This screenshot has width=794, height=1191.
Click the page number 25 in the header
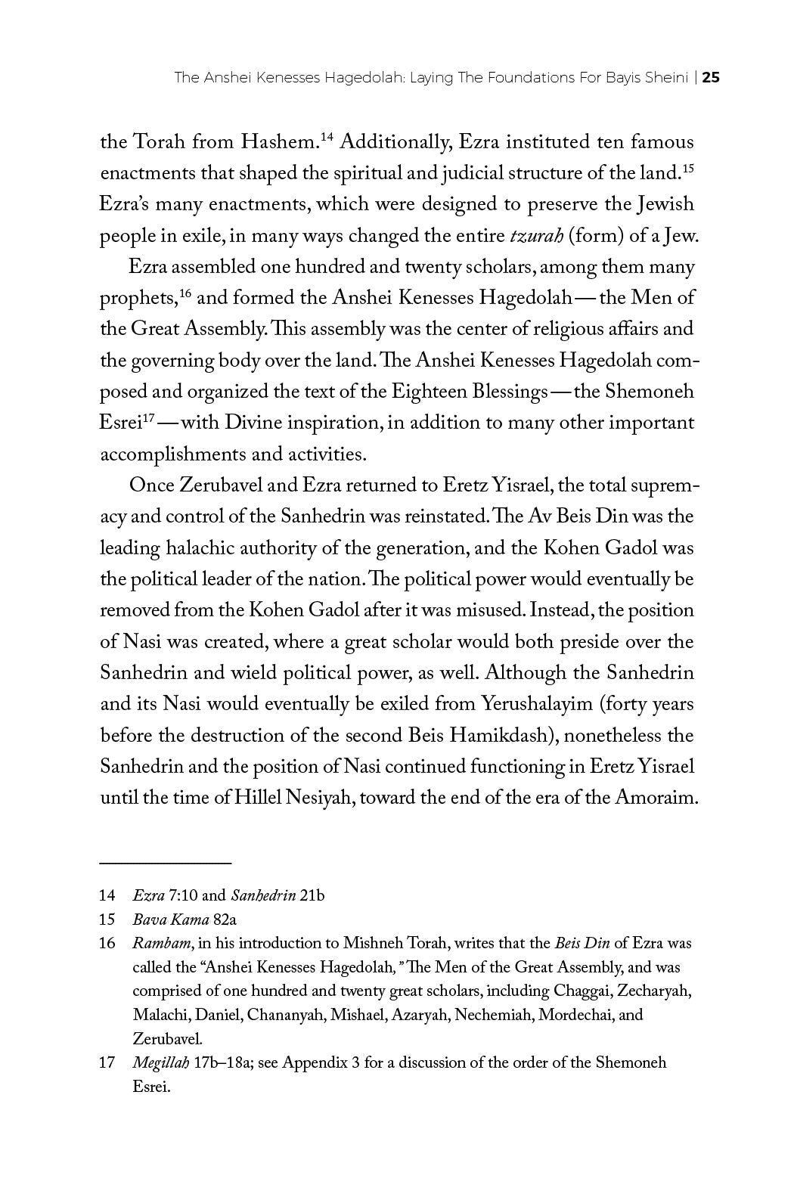pyautogui.click(x=711, y=77)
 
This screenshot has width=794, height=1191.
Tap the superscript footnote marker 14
pyautogui.click(x=327, y=137)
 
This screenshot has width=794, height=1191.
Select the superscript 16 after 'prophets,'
pyautogui.click(x=185, y=293)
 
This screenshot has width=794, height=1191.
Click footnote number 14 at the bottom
pyautogui.click(x=107, y=896)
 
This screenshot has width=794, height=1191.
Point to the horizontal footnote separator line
pyautogui.click(x=166, y=862)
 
